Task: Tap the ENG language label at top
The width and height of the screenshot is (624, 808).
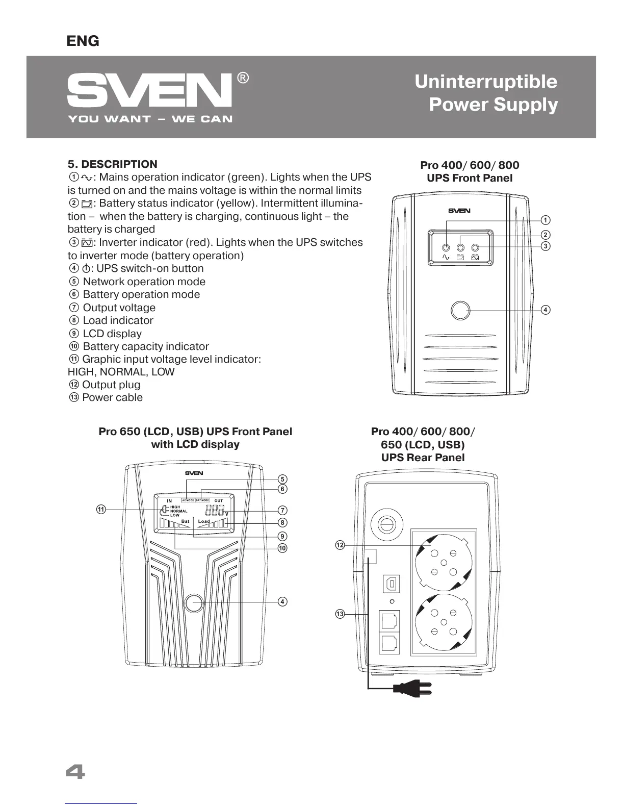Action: click(x=83, y=41)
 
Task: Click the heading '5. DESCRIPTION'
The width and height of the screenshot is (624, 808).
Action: click(x=113, y=164)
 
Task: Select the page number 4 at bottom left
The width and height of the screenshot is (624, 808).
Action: click(x=75, y=772)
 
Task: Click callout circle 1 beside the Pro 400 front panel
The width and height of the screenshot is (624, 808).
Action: click(x=545, y=220)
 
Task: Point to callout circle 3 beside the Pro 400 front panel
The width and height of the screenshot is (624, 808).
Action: click(x=545, y=246)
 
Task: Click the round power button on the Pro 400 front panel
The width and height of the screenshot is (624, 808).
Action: click(x=460, y=310)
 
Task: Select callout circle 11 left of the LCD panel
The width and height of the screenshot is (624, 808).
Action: click(x=101, y=509)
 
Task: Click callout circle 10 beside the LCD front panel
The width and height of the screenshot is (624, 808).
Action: click(x=282, y=548)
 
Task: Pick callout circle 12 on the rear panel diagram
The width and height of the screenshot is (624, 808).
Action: click(x=340, y=545)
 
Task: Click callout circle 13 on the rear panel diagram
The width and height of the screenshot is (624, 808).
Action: click(x=340, y=614)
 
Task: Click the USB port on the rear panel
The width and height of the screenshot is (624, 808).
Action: click(x=391, y=584)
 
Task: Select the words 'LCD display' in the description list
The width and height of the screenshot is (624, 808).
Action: click(x=112, y=334)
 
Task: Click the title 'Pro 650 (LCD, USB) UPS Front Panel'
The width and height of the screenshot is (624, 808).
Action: click(x=195, y=432)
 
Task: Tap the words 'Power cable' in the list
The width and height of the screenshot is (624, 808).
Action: click(x=112, y=397)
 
